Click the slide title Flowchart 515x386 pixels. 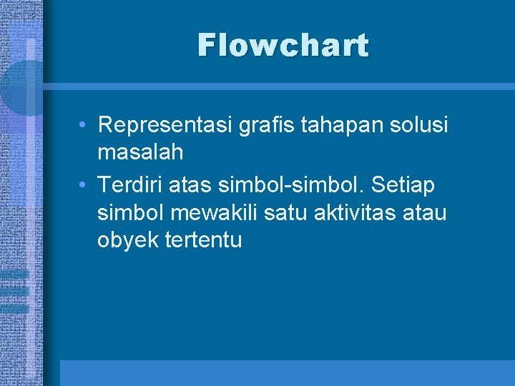[x=283, y=46]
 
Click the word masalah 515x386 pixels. [x=140, y=152]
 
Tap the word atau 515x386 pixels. [x=428, y=212]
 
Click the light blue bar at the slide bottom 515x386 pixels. [x=286, y=372]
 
